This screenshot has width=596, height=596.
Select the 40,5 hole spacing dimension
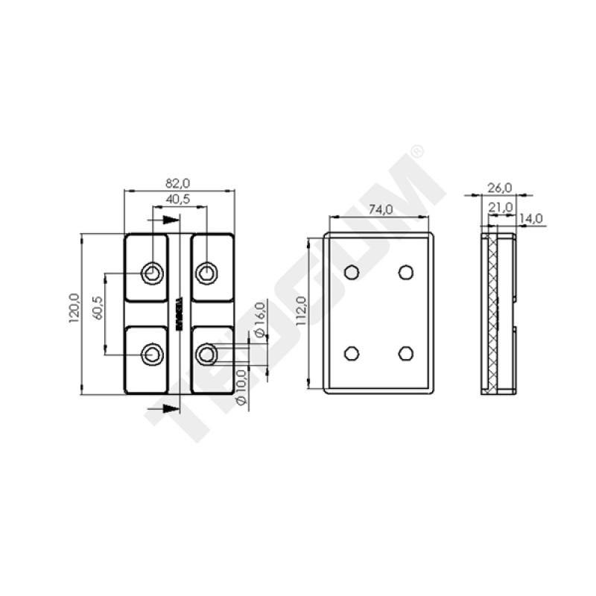tap(177, 200)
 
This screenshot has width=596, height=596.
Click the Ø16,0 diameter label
tap(260, 320)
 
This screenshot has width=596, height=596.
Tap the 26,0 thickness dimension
tap(499, 186)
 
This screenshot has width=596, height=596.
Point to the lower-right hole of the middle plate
tap(405, 352)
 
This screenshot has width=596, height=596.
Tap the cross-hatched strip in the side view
tap(492, 313)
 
